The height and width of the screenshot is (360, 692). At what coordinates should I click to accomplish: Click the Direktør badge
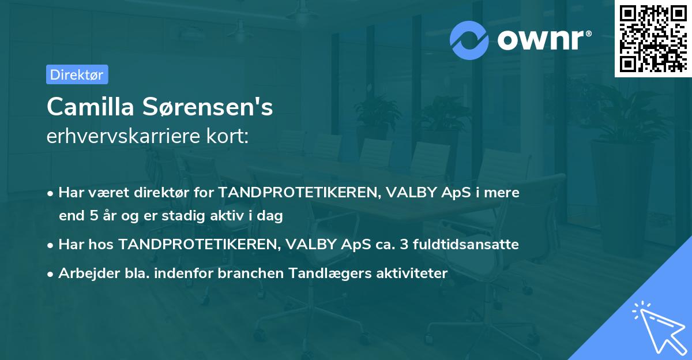pyautogui.click(x=77, y=74)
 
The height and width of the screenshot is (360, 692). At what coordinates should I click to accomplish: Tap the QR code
pyautogui.click(x=652, y=38)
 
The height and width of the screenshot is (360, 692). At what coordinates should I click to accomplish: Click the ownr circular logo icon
pyautogui.click(x=471, y=40)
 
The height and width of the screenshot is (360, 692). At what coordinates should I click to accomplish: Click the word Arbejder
pyautogui.click(x=83, y=273)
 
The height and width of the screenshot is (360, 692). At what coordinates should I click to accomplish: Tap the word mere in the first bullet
pyautogui.click(x=503, y=193)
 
